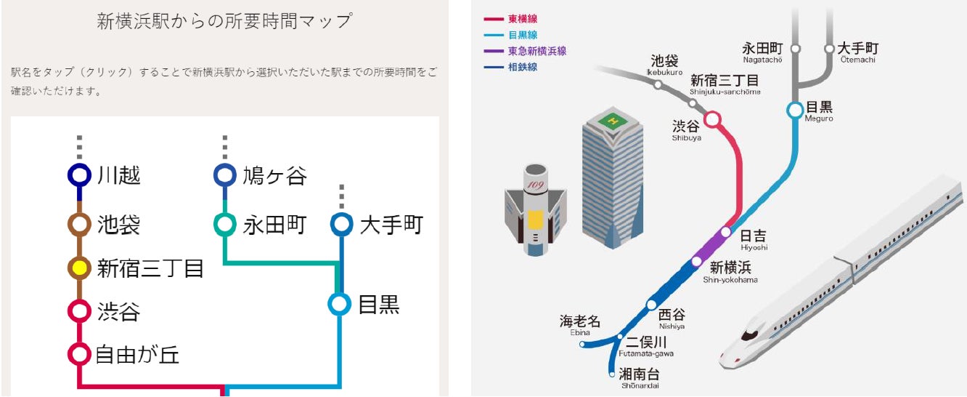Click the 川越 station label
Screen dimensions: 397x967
(x=118, y=176)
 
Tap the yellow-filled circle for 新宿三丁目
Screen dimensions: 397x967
(x=79, y=268)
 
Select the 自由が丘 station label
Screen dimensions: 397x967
(x=137, y=355)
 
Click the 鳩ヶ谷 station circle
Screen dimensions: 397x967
(x=224, y=176)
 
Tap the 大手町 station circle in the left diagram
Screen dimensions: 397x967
(x=341, y=225)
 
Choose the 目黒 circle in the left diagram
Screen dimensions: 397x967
(x=340, y=305)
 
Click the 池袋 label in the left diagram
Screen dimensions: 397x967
(x=118, y=225)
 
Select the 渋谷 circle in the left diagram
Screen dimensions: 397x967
(x=79, y=312)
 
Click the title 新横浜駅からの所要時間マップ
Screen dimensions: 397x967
(x=224, y=21)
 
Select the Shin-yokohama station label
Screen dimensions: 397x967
(x=730, y=270)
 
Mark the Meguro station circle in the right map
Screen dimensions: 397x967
(x=796, y=111)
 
